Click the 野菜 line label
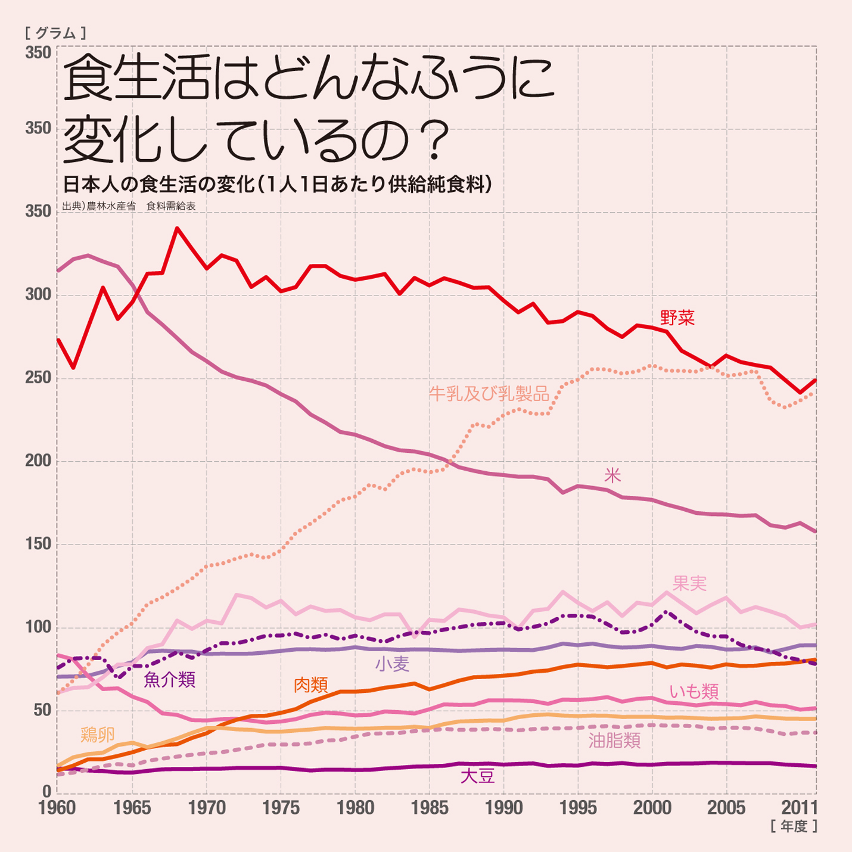coord(677,318)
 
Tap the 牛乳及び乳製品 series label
coord(489,393)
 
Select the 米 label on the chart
coord(612,475)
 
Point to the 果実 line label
coord(689,583)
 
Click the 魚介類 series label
coord(170,679)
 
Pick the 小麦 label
coord(392,664)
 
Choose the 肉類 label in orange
coord(311,685)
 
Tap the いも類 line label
coord(694,692)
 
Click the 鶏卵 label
coord(98,735)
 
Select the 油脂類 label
coord(614,741)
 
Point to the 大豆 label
coord(478,776)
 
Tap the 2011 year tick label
coord(799,808)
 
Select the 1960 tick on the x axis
coord(57,808)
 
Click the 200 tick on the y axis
coord(38,461)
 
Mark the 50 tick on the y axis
coord(42,710)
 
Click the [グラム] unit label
coord(56,33)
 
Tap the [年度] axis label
coord(793,826)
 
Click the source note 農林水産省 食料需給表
coord(129,207)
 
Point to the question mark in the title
coord(438,141)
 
